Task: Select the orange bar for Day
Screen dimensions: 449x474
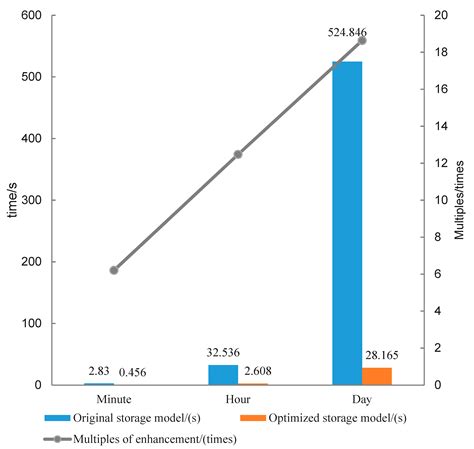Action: tap(377, 376)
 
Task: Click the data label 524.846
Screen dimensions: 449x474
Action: tap(347, 33)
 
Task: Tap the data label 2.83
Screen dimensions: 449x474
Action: tap(98, 372)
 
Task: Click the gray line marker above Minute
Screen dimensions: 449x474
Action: tap(114, 270)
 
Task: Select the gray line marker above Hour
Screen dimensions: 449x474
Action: tap(238, 154)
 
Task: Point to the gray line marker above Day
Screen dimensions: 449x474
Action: tap(362, 40)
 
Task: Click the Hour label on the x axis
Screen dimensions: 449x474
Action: tap(238, 397)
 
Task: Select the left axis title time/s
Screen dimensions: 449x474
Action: tap(12, 200)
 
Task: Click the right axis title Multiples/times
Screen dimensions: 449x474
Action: tap(461, 200)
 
